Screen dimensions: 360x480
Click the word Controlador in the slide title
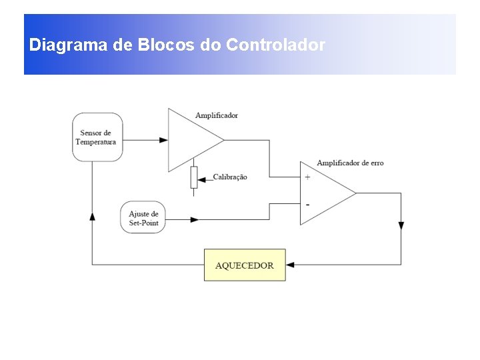(275, 46)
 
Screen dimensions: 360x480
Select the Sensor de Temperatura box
(97, 137)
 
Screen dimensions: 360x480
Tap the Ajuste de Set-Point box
(143, 218)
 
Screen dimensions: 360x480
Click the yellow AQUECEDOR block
(245, 265)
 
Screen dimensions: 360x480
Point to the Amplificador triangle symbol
(191, 140)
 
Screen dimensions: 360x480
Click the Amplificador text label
(217, 116)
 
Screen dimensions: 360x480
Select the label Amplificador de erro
(349, 163)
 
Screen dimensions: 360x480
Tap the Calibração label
(230, 177)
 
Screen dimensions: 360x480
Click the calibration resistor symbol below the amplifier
(194, 177)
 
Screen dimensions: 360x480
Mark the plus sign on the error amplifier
(307, 177)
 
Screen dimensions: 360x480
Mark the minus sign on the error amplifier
(307, 203)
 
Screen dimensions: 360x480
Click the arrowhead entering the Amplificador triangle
(163, 140)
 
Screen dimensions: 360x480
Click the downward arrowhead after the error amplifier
(401, 225)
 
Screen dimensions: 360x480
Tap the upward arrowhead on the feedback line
(92, 217)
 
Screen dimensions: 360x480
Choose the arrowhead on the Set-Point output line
(195, 219)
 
